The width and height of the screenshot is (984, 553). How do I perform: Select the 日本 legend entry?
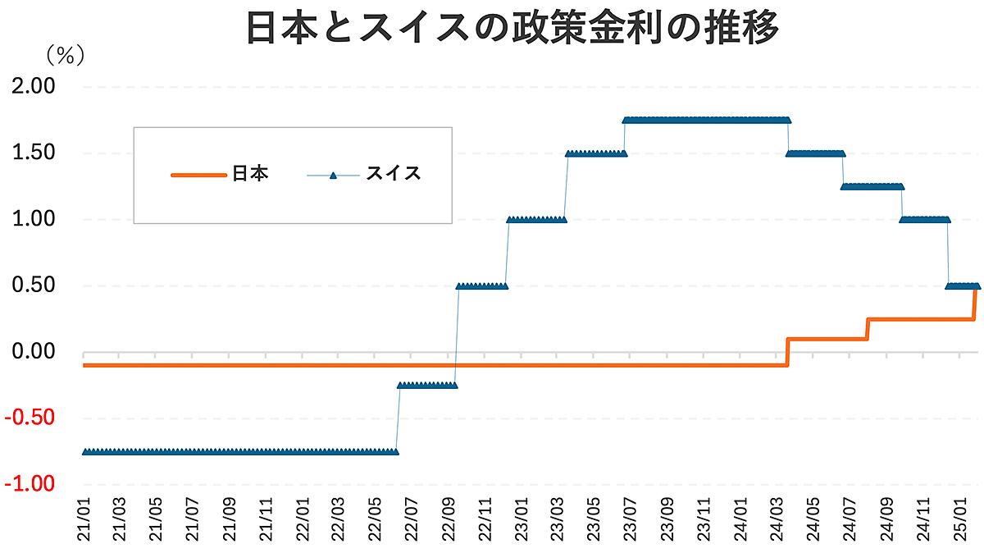click(250, 174)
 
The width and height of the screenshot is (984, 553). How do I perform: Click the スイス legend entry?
click(394, 174)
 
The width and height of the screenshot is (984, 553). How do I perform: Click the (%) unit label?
click(65, 55)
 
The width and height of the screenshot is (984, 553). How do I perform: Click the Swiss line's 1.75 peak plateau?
click(705, 120)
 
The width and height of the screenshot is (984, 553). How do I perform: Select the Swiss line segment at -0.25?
click(426, 385)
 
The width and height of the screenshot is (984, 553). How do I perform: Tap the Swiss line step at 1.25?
click(872, 186)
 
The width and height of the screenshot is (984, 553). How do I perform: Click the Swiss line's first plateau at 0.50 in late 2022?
click(482, 286)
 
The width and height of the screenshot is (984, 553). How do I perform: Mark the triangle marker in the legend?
click(333, 175)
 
